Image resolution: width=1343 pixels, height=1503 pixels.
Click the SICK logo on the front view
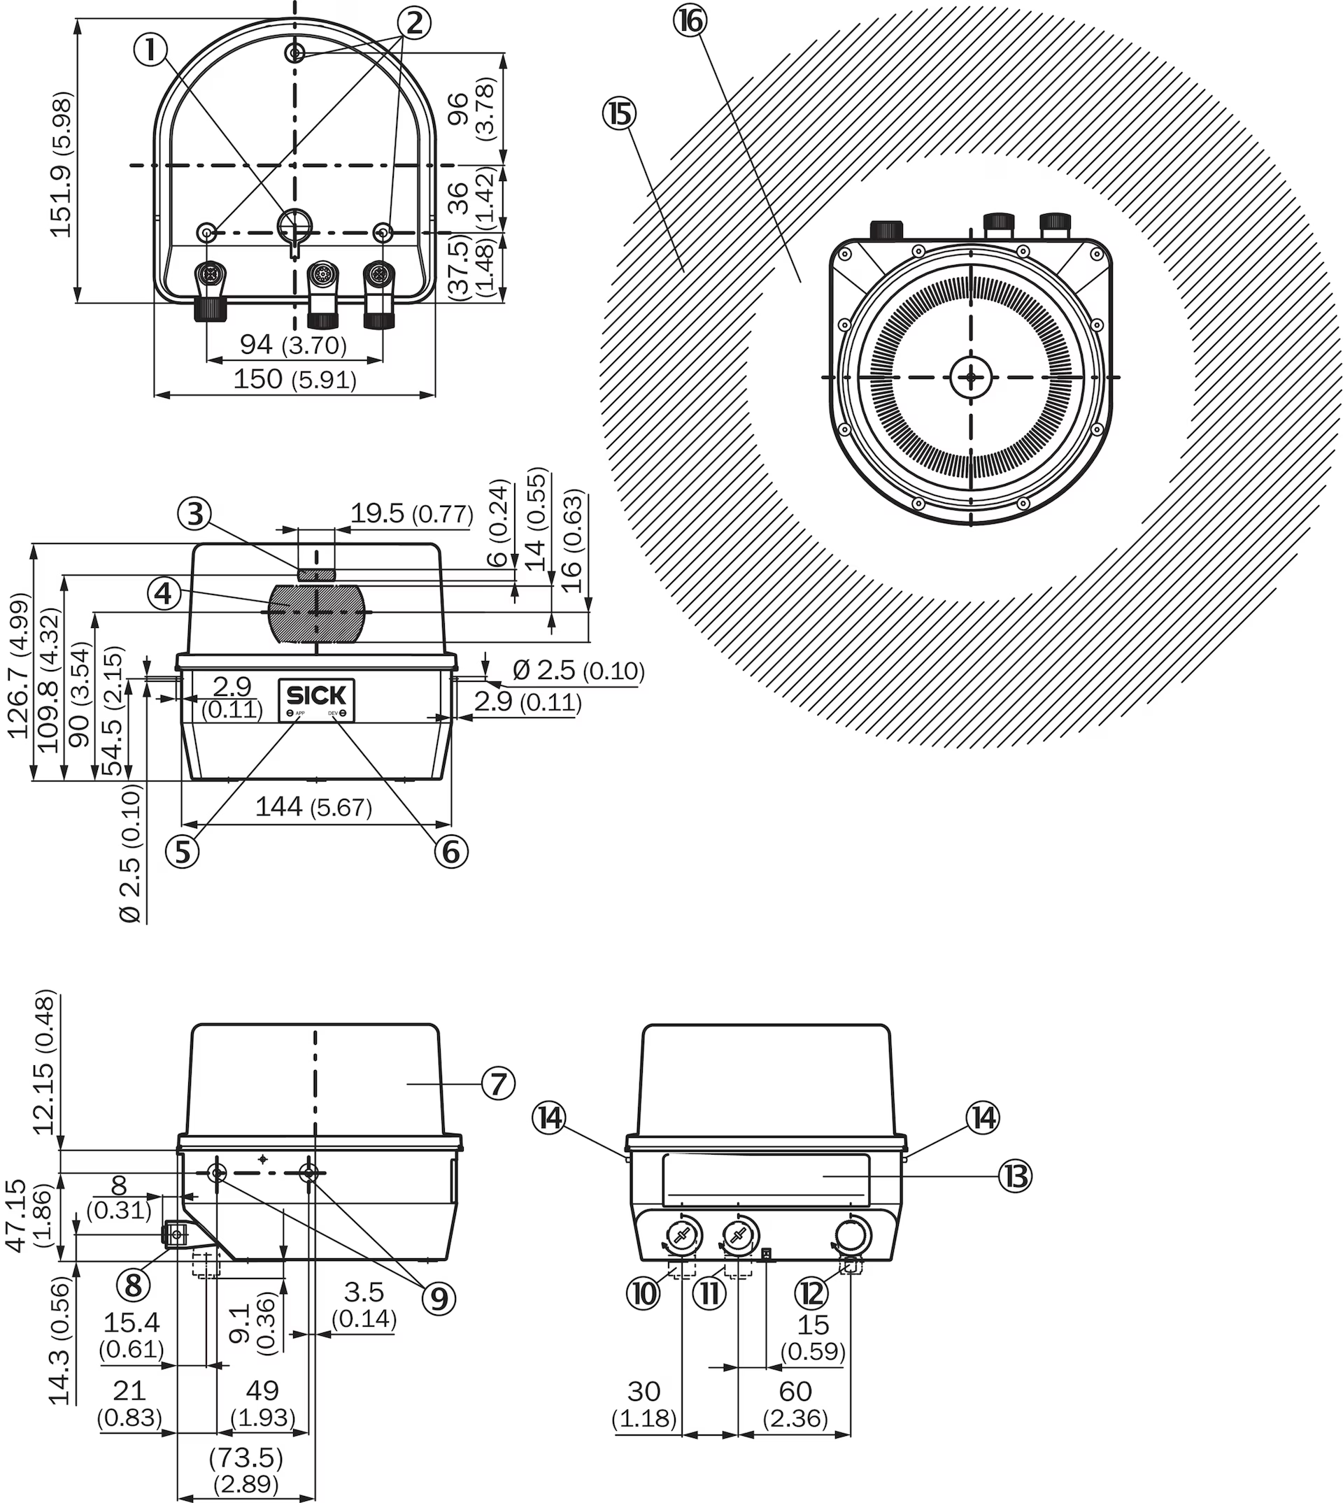(316, 695)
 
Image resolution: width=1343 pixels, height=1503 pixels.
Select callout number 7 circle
(498, 1084)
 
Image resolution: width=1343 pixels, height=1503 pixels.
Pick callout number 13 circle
(1016, 1176)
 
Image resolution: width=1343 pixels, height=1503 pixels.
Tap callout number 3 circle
(195, 513)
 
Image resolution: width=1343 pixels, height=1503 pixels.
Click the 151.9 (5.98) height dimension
(62, 164)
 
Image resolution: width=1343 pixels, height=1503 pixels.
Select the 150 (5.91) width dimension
(294, 379)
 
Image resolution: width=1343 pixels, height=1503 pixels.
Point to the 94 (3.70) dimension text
(293, 345)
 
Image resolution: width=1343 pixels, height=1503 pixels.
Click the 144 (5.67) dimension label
(313, 806)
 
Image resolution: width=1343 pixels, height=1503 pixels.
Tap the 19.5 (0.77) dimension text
(411, 513)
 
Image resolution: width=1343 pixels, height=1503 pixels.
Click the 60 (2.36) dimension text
(795, 1404)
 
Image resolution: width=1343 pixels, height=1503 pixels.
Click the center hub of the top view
(970, 377)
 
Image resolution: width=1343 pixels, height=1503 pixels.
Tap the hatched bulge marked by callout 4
(317, 613)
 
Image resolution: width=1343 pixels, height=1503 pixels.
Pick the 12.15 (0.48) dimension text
(44, 1062)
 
